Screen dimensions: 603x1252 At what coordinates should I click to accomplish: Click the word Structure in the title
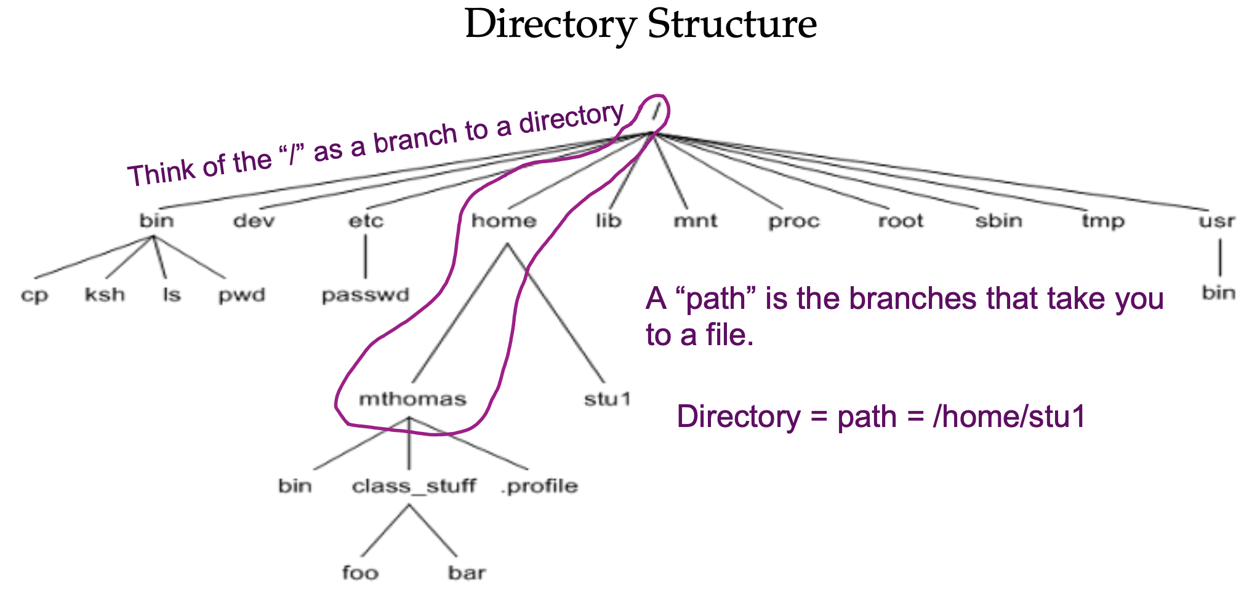(x=732, y=25)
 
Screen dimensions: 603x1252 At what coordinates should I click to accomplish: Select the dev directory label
(x=254, y=221)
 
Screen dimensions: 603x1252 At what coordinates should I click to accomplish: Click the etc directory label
(x=366, y=221)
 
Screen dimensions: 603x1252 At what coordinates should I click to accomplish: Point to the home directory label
(x=504, y=221)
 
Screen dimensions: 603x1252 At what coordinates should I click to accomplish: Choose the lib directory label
(x=608, y=221)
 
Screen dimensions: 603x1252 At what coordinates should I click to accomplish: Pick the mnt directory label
(x=696, y=221)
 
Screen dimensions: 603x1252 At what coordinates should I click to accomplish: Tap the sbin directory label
(x=998, y=221)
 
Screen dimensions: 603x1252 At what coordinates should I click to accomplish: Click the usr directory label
(x=1217, y=221)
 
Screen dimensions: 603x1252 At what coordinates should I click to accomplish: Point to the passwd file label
(x=365, y=296)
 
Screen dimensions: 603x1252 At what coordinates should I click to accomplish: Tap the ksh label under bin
(x=105, y=295)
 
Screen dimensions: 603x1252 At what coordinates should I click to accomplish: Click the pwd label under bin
(x=241, y=296)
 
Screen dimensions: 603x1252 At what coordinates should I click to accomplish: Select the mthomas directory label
(x=412, y=399)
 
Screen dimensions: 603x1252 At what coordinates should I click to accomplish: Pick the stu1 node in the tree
(x=608, y=399)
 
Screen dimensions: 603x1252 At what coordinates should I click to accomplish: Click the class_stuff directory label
(x=414, y=486)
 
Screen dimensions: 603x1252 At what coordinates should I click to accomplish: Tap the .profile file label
(x=539, y=487)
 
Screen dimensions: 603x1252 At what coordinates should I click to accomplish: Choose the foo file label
(x=360, y=573)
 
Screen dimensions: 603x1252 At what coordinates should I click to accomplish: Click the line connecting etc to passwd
(x=365, y=257)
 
